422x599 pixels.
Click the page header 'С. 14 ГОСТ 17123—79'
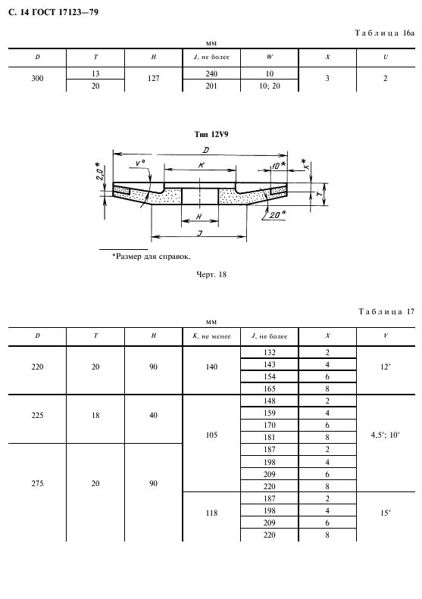pyautogui.click(x=53, y=12)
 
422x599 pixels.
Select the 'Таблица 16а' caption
pyautogui.click(x=385, y=33)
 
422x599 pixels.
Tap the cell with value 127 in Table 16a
pyautogui.click(x=153, y=78)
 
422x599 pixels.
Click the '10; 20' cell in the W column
pyautogui.click(x=270, y=86)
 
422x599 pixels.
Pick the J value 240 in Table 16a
pyautogui.click(x=211, y=73)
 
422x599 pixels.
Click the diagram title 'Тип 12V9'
pyautogui.click(x=211, y=135)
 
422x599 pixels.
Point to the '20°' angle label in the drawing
pyautogui.click(x=277, y=215)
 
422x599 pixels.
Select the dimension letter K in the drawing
pyautogui.click(x=201, y=165)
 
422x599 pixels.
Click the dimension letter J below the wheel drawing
pyautogui.click(x=199, y=232)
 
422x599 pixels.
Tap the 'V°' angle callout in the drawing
pyautogui.click(x=140, y=164)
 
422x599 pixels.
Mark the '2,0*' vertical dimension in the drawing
pyautogui.click(x=98, y=172)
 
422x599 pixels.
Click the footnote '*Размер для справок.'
pyautogui.click(x=152, y=256)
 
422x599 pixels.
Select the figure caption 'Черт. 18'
pyautogui.click(x=211, y=274)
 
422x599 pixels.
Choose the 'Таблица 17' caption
pyautogui.click(x=386, y=312)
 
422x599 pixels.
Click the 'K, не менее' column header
pyautogui.click(x=211, y=336)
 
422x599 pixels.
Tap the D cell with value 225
pyautogui.click(x=37, y=415)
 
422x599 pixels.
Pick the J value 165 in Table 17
pyautogui.click(x=270, y=388)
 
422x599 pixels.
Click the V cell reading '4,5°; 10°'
pyautogui.click(x=386, y=435)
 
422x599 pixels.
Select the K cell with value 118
pyautogui.click(x=211, y=513)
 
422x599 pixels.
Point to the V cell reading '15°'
pyautogui.click(x=386, y=513)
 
